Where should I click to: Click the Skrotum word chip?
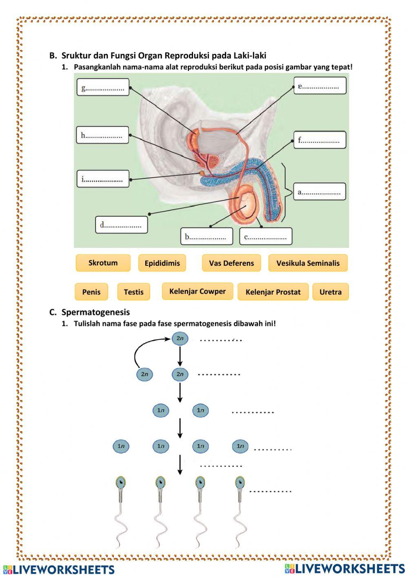tap(103, 263)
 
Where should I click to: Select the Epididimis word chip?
tap(162, 263)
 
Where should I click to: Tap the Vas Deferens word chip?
tap(231, 263)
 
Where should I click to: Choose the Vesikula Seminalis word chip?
tap(308, 263)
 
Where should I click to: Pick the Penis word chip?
tap(91, 292)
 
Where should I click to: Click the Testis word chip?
tap(133, 292)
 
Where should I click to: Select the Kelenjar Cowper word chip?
tap(197, 292)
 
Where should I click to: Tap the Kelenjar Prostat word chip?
tap(273, 292)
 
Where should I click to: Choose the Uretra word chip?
tap(330, 292)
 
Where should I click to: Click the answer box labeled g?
tap(103, 87)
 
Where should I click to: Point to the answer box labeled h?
tap(102, 135)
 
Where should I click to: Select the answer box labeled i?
tap(103, 179)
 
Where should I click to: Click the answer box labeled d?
tap(121, 225)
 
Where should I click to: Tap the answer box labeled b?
tap(206, 236)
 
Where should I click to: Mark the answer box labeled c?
tap(266, 236)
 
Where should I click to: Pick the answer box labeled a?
tap(319, 192)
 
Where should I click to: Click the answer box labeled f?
tap(319, 140)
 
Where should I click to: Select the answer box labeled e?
tap(319, 86)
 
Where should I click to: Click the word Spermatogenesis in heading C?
tap(95, 312)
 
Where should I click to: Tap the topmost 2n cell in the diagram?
tap(180, 339)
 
